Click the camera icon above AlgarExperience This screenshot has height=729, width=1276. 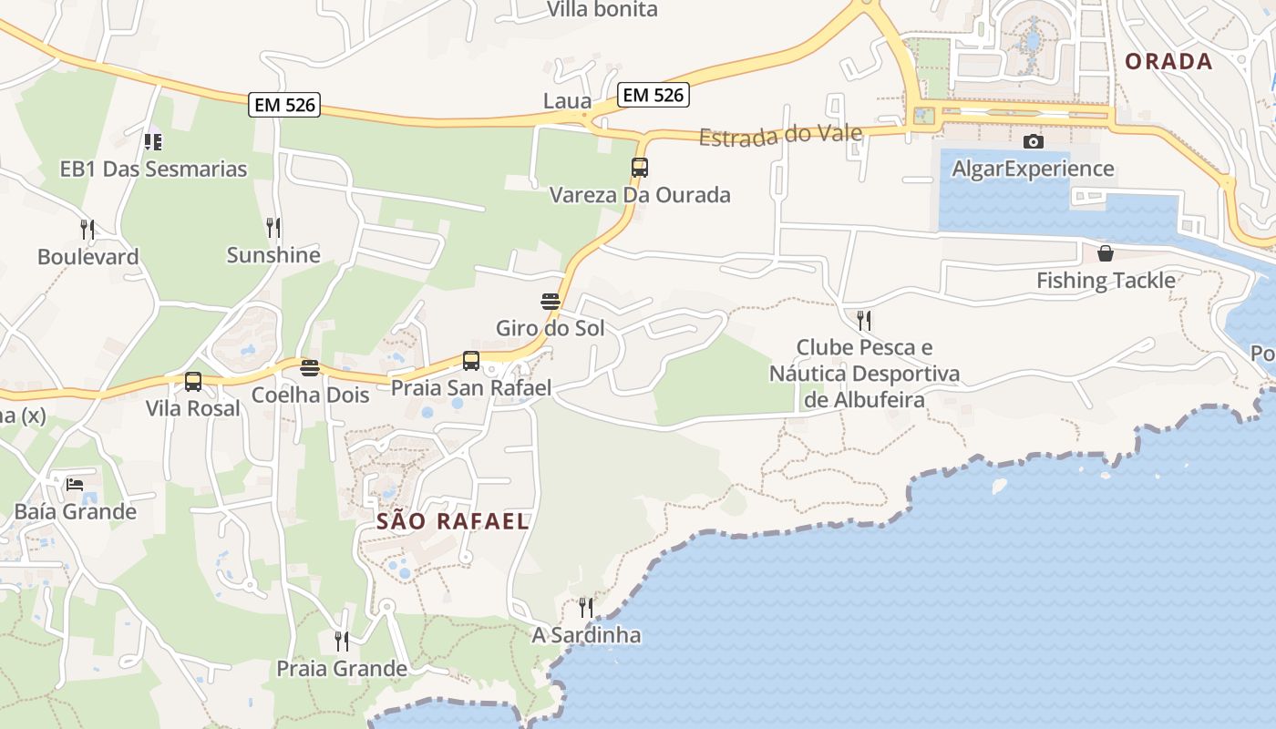[x=1033, y=141]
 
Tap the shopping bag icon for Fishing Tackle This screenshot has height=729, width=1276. [x=1106, y=253]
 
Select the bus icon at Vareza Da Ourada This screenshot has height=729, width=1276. [x=640, y=168]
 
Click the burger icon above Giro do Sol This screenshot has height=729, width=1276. [x=550, y=302]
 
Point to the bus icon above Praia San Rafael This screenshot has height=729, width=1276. [x=471, y=361]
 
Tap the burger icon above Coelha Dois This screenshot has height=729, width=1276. [x=310, y=368]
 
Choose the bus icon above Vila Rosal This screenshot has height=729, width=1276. [x=193, y=382]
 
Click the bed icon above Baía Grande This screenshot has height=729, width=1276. [x=75, y=484]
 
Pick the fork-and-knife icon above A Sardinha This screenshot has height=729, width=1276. [x=586, y=607]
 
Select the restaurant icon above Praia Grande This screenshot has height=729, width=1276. [x=341, y=642]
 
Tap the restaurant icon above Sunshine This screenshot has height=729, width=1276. [x=273, y=227]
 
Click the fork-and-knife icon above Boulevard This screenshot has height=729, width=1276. [x=87, y=229]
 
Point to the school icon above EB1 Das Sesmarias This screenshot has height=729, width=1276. [x=153, y=141]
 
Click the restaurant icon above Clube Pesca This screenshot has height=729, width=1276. [x=863, y=320]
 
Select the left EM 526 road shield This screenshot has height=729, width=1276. [x=285, y=105]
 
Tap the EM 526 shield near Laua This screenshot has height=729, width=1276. [x=653, y=94]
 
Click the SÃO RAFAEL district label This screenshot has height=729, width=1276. [x=453, y=521]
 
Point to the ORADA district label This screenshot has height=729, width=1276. [x=1168, y=61]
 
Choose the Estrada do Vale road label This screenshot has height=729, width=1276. [x=780, y=136]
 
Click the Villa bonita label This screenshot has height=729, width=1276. [x=602, y=10]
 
